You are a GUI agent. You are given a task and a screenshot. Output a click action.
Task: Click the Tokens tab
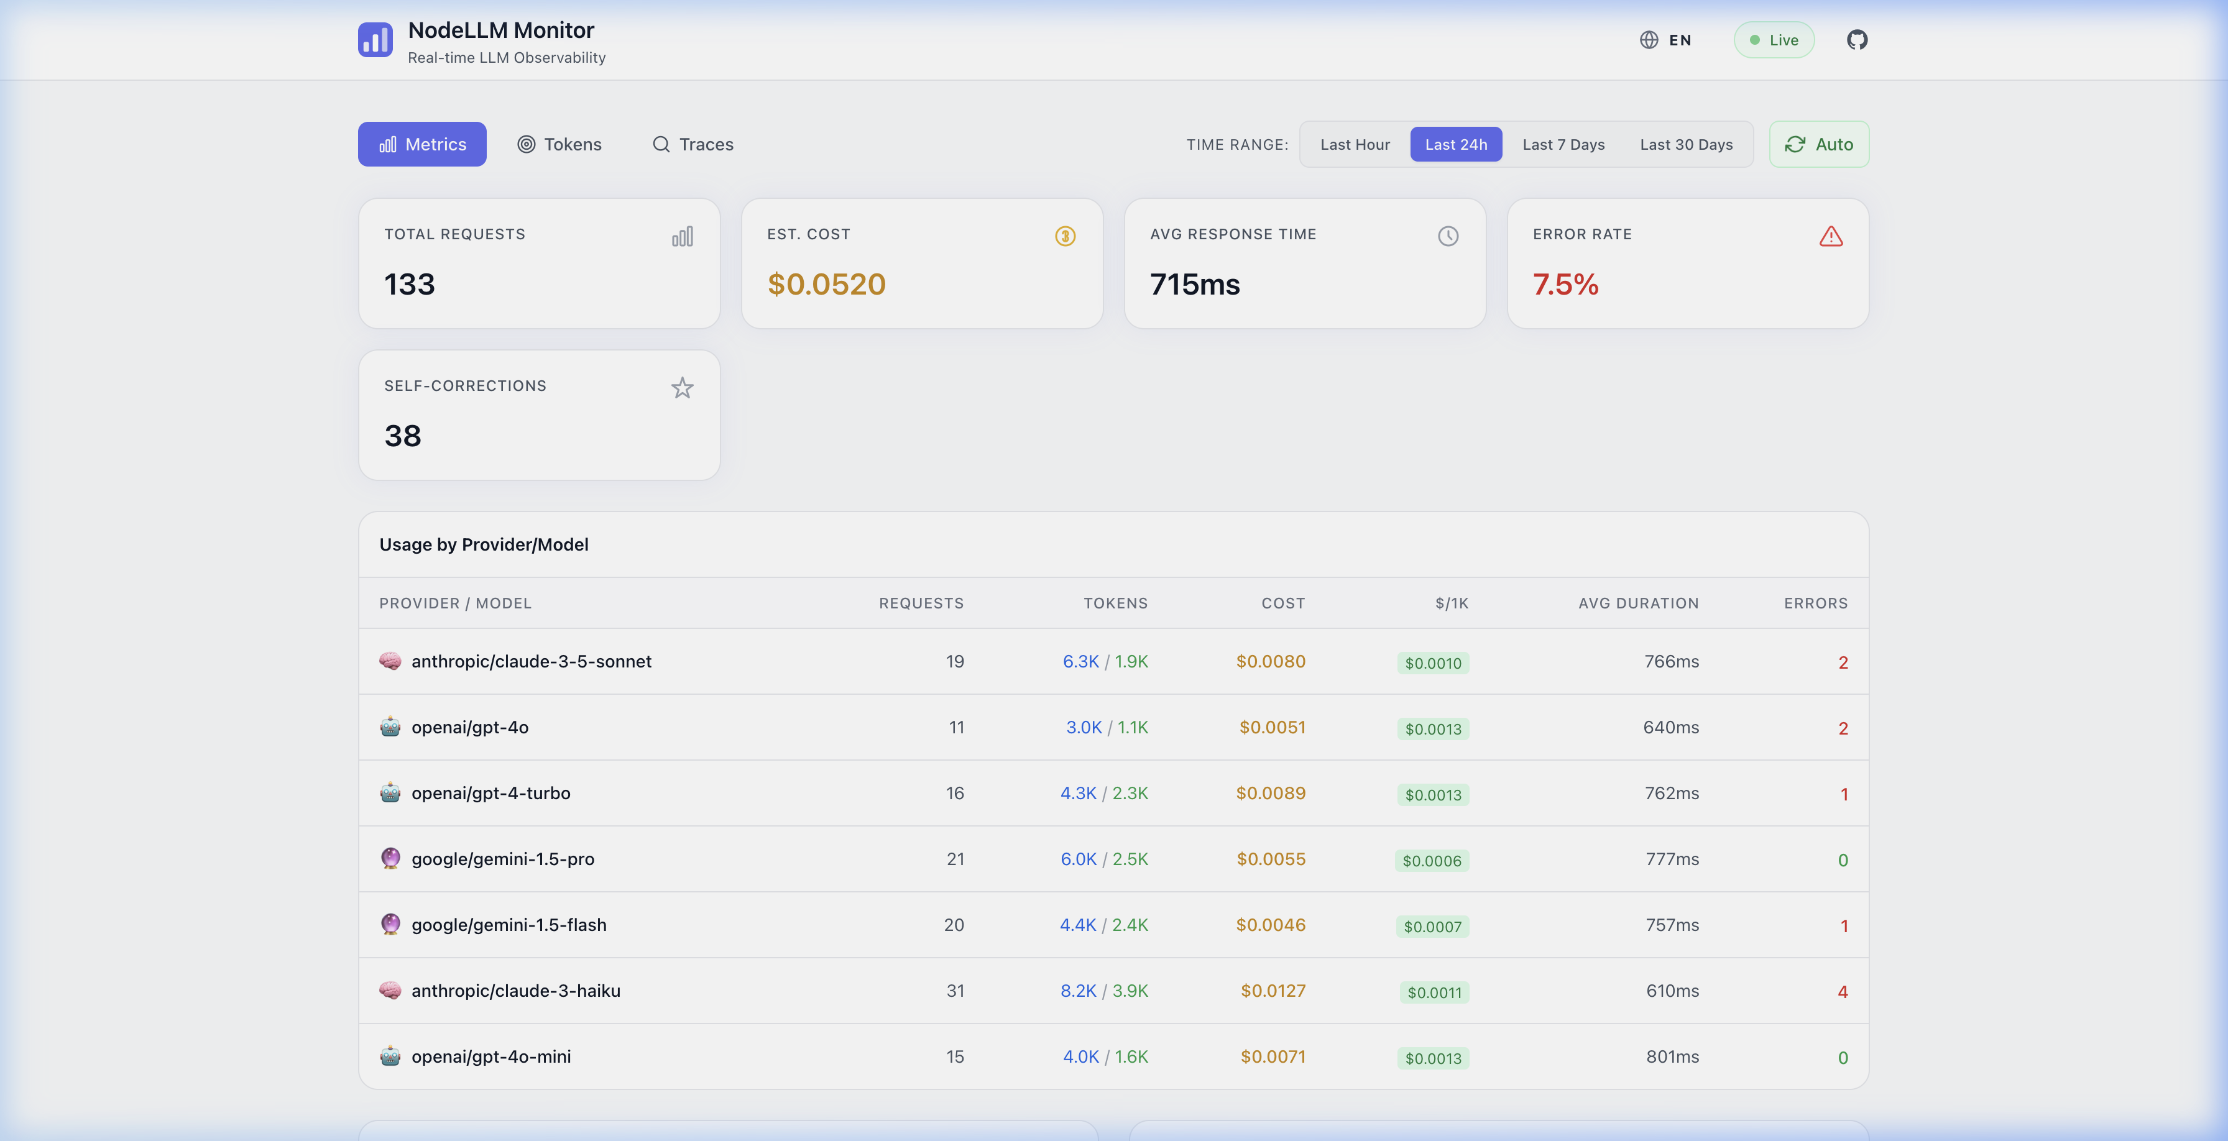559,144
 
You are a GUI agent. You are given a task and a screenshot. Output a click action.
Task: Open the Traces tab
693,144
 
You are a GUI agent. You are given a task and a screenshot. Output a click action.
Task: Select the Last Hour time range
1355,144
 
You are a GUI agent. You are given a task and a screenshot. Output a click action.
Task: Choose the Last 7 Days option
1563,144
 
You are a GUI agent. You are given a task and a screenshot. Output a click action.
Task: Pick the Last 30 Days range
1686,144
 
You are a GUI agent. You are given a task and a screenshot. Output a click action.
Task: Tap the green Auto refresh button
1819,144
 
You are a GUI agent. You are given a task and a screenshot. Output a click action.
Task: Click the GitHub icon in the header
1857,40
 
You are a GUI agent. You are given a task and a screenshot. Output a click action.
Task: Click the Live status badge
1774,40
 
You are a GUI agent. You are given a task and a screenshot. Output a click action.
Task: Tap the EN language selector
1666,40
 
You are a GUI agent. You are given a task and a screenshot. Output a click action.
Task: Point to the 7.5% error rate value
1565,285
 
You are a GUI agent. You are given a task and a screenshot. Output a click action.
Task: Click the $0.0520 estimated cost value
826,285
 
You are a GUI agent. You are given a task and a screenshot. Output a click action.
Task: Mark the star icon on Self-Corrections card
683,388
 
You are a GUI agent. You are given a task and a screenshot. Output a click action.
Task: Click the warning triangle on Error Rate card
1831,236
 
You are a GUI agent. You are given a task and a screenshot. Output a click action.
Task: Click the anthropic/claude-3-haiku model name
515,991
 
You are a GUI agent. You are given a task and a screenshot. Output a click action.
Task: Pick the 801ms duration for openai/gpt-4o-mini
1672,1056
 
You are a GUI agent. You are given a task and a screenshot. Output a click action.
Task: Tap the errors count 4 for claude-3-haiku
1842,991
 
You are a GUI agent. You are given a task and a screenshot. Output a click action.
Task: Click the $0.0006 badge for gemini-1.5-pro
1432,860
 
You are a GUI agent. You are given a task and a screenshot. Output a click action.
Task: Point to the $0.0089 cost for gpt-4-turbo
1271,792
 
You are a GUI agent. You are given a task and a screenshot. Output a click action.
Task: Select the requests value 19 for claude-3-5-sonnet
955,661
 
